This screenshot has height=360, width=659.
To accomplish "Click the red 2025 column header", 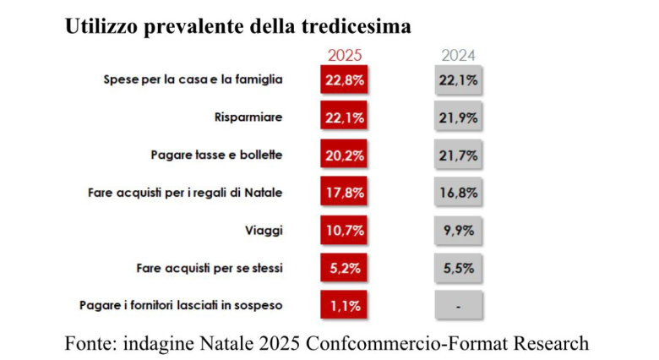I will click(345, 56).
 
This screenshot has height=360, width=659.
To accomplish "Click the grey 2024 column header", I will click(458, 56).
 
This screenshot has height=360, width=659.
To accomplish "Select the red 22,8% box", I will click(345, 81).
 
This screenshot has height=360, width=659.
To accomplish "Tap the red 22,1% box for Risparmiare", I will click(345, 118).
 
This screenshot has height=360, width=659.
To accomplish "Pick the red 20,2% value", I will click(345, 155).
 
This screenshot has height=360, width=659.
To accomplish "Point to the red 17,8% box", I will click(345, 193).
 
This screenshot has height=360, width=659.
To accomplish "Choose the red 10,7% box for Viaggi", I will click(345, 230).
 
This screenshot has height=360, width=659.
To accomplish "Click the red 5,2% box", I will click(345, 268).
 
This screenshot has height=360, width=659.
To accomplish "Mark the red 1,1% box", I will click(345, 305).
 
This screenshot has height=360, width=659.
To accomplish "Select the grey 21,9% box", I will click(458, 118).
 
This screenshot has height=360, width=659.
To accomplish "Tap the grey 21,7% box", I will click(458, 155).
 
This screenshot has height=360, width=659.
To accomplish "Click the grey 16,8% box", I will click(458, 193).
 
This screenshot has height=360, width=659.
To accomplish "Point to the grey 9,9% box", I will click(458, 230).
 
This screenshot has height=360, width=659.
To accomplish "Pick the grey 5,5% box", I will click(458, 268).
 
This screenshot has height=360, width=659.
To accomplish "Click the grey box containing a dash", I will click(458, 305).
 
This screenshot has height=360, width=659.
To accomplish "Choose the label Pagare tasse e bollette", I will click(216, 155).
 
